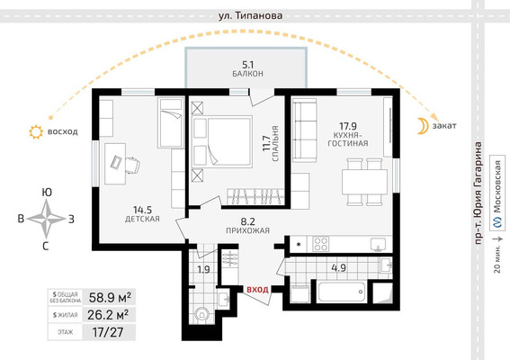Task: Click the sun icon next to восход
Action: pos(35,132)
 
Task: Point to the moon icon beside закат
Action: pos(421,126)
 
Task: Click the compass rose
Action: pos(46,217)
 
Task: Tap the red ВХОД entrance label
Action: pos(258,289)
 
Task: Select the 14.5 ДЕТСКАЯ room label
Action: pos(141,212)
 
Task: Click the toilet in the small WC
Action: pos(201,315)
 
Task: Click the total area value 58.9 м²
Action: pos(108,296)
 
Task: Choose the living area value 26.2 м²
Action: pos(108,314)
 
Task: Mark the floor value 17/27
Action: pos(108,332)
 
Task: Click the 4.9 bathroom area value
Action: pos(337,265)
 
